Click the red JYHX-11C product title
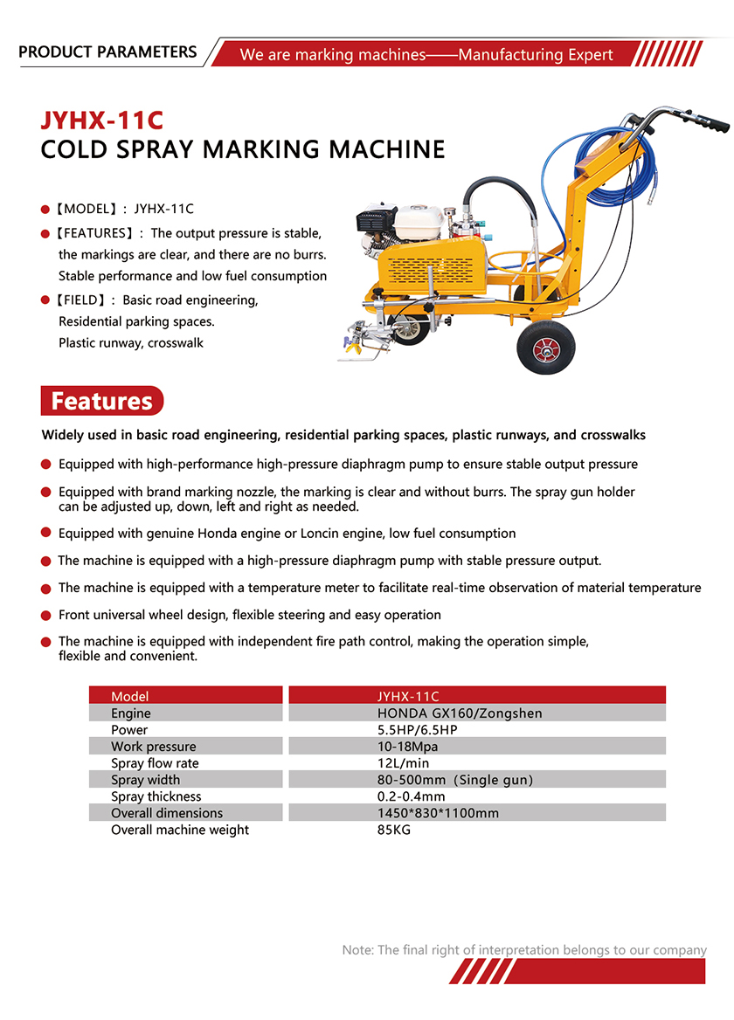(101, 119)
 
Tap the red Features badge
(101, 401)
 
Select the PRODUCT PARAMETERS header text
(107, 52)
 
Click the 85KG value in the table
(393, 830)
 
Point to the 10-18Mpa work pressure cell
(407, 747)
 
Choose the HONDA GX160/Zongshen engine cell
(460, 713)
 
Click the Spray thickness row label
(156, 796)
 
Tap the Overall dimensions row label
(167, 813)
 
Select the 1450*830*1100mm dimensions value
(438, 813)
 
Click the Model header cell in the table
(130, 697)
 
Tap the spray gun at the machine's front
(364, 336)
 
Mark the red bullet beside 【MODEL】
(45, 210)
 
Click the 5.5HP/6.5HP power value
(417, 730)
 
